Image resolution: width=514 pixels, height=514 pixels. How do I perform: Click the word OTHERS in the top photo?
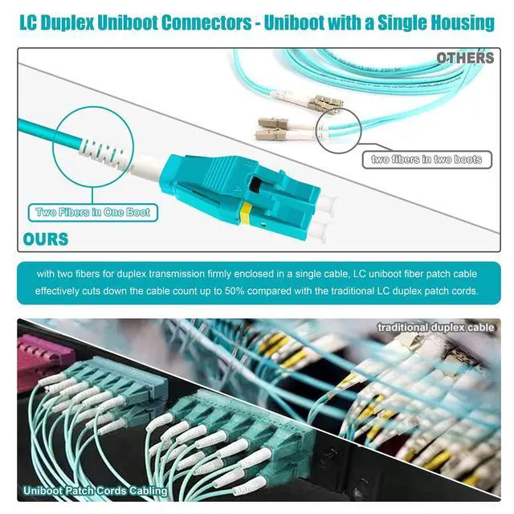pyautogui.click(x=465, y=58)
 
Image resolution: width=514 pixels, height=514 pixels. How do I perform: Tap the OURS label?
pyautogui.click(x=46, y=239)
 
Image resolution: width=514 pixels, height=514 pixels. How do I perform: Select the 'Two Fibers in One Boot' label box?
pyautogui.click(x=93, y=213)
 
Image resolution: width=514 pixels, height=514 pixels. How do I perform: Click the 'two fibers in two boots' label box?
pyautogui.click(x=426, y=159)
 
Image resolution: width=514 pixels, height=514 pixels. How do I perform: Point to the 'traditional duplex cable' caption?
pyautogui.click(x=437, y=328)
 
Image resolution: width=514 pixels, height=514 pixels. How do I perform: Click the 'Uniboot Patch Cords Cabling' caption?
pyautogui.click(x=95, y=490)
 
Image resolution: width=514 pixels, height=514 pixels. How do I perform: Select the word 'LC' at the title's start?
pyautogui.click(x=31, y=22)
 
